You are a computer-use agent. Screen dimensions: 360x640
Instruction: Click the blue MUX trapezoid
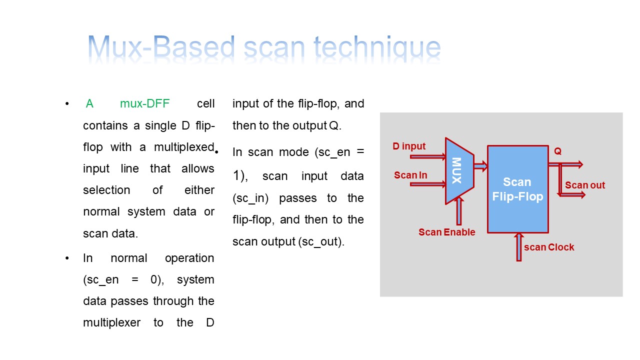click(x=458, y=170)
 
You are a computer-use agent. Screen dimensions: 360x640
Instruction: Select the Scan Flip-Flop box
click(x=517, y=189)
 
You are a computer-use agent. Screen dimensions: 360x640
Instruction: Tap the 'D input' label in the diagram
click(x=409, y=146)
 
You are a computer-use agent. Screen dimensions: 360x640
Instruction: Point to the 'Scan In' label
click(x=410, y=175)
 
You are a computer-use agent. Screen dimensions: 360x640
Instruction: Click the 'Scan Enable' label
click(x=446, y=232)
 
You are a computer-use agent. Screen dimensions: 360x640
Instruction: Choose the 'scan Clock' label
click(x=549, y=247)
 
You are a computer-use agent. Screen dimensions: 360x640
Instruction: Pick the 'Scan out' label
click(x=584, y=185)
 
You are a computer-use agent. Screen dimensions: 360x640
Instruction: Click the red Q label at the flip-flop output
click(x=558, y=150)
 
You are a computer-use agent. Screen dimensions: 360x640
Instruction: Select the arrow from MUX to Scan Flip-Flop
click(x=479, y=166)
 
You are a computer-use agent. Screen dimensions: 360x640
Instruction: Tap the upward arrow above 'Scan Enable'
click(x=459, y=210)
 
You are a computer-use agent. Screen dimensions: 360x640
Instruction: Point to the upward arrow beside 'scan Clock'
click(x=519, y=246)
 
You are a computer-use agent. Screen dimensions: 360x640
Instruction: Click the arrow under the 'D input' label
click(x=427, y=156)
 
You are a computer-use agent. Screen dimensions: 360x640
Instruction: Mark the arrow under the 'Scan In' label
click(x=427, y=184)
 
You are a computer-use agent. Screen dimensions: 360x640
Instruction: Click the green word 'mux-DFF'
click(x=144, y=103)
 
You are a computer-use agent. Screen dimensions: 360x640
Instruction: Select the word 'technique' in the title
click(x=377, y=48)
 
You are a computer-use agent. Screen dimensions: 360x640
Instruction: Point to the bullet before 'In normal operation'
click(x=66, y=258)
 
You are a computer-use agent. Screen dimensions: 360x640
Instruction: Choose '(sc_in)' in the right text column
click(x=250, y=198)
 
